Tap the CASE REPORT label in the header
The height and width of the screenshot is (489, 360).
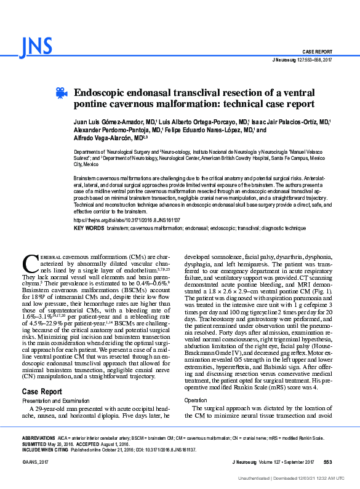point(317,51)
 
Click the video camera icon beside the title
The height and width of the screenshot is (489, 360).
point(61,93)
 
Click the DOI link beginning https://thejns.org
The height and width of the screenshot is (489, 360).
point(127,220)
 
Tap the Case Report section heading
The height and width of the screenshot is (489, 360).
point(42,391)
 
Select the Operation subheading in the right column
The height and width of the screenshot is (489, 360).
point(197,400)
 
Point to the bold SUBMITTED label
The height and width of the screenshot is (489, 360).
point(36,443)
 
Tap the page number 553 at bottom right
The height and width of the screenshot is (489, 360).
point(327,461)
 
